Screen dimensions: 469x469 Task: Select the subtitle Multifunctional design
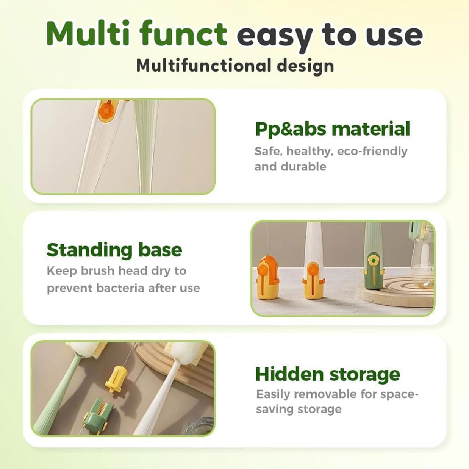tap(235, 66)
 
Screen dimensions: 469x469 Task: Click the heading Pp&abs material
tap(332, 129)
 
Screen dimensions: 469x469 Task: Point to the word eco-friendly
tap(372, 151)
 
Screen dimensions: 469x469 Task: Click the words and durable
tap(290, 167)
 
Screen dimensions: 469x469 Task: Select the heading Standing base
tap(114, 250)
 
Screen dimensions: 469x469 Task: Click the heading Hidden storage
tap(327, 374)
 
